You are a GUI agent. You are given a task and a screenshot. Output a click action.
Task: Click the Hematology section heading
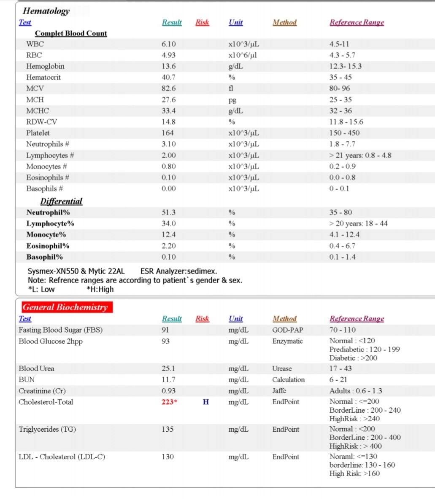click(x=46, y=11)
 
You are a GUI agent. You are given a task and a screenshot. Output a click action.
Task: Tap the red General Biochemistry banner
click(x=65, y=307)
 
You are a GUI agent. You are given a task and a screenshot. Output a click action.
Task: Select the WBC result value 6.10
click(x=169, y=44)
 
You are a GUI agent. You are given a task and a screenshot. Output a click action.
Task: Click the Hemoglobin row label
click(x=45, y=66)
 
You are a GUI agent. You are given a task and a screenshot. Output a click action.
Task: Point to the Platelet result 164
click(x=168, y=133)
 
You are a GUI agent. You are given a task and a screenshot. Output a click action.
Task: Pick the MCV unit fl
click(x=231, y=89)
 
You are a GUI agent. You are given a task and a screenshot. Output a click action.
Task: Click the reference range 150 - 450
click(x=344, y=133)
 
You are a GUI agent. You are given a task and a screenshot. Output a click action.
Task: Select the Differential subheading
click(x=61, y=201)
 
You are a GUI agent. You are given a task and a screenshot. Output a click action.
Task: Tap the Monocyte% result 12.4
click(x=169, y=234)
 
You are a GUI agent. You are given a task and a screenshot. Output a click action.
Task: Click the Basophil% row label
click(x=44, y=257)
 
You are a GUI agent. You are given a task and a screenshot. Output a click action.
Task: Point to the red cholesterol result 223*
click(x=169, y=402)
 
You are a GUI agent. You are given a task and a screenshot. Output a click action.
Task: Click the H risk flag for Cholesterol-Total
click(x=205, y=402)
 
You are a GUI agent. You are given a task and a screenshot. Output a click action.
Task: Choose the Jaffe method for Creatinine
click(x=279, y=391)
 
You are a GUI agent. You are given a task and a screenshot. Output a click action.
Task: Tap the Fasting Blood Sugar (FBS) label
click(x=60, y=330)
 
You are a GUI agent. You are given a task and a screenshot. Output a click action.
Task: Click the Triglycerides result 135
click(x=168, y=429)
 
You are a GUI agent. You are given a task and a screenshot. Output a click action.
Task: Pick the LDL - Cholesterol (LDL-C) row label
click(x=62, y=457)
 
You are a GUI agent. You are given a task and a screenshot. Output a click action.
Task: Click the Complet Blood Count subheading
click(x=71, y=33)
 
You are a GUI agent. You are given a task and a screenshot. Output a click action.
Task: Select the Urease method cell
click(x=282, y=368)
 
